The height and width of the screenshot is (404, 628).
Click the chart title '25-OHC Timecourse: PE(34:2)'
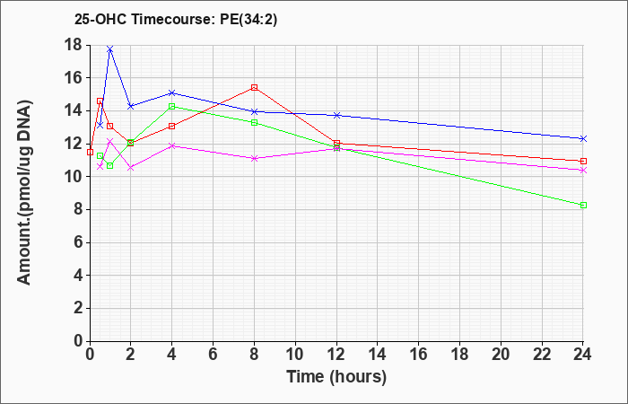[176, 19]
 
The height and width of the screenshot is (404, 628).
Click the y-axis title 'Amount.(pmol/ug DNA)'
[24, 193]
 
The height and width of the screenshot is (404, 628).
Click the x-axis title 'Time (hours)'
[336, 377]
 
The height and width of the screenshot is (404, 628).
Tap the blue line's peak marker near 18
[110, 48]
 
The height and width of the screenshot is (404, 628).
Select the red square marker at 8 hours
[254, 87]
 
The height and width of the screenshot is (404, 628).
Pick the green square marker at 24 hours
[583, 206]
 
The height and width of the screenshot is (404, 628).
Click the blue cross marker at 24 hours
[583, 138]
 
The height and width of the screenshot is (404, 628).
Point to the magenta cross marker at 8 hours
[254, 158]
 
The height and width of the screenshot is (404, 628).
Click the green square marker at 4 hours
[172, 106]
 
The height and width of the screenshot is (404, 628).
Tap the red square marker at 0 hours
[90, 153]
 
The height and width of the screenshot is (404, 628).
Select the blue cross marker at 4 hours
[172, 93]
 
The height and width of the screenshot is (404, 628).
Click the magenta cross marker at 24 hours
[583, 171]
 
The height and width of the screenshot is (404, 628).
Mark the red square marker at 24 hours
[583, 161]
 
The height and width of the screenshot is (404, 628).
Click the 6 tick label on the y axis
[79, 243]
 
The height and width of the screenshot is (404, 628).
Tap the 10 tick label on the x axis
[295, 355]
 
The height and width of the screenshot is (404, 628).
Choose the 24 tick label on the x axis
[582, 355]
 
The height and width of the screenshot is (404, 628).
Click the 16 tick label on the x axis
[419, 355]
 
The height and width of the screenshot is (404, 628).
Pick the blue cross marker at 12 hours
[336, 116]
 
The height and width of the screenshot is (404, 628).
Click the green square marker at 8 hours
[254, 122]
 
